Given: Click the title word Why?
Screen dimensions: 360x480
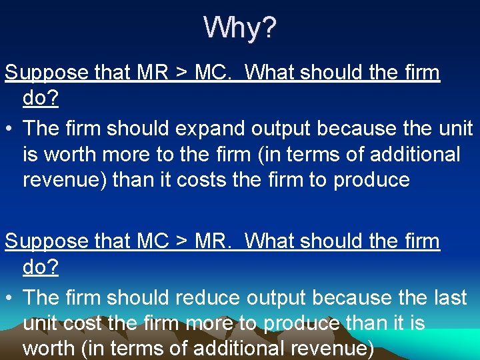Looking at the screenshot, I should click(240, 28).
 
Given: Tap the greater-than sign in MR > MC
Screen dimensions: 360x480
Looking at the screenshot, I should click(179, 73).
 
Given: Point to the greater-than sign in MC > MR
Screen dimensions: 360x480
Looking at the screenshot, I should click(179, 241).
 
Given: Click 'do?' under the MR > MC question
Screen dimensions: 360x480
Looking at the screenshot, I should click(41, 98).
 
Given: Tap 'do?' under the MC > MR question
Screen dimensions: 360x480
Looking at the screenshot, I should click(41, 267).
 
